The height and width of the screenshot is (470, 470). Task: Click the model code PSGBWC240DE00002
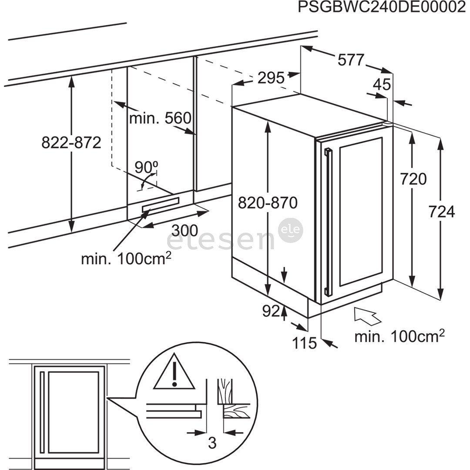pos(381,8)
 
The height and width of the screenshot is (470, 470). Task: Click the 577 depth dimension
pos(350,60)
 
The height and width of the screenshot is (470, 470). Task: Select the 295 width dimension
pos(270,77)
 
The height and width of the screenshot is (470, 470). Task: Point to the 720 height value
pos(413,179)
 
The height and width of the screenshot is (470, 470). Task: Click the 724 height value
pos(441,212)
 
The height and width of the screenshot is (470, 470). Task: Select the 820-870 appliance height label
pos(268,202)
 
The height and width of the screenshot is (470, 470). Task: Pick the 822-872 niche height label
pos(71,142)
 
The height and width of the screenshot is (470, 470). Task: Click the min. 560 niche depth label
pos(160,118)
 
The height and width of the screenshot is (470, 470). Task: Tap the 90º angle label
pos(146,167)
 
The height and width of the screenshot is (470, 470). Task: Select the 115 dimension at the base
pos(304,343)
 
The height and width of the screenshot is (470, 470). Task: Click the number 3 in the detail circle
pos(212,443)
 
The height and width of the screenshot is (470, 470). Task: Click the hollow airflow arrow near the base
pos(367,316)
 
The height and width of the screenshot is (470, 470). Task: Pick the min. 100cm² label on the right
pos(399,336)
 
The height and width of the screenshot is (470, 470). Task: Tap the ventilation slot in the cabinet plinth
pos(160,205)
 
